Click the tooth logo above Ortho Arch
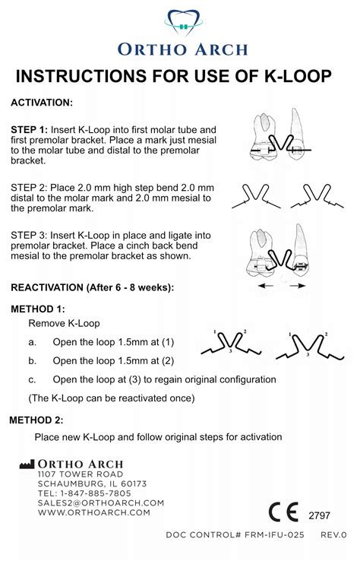pyautogui.click(x=183, y=23)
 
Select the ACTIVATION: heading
pyautogui.click(x=42, y=103)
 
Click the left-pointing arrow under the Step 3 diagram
pyautogui.click(x=266, y=286)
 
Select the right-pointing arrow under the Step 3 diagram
pyautogui.click(x=298, y=286)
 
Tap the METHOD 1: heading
pyautogui.click(x=38, y=309)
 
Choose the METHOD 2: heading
pyautogui.click(x=36, y=420)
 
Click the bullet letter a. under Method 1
pyautogui.click(x=33, y=342)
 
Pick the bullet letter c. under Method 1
pyautogui.click(x=33, y=379)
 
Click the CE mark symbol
pyautogui.click(x=283, y=512)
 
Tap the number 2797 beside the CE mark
pyautogui.click(x=319, y=515)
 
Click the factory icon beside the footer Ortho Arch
pyautogui.click(x=27, y=464)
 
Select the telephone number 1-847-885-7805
pyautogui.click(x=94, y=493)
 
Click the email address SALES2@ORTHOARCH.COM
pyautogui.click(x=101, y=503)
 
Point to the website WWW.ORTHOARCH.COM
pyautogui.click(x=94, y=512)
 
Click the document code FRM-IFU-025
pyautogui.click(x=274, y=535)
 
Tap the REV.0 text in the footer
pyautogui.click(x=333, y=535)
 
